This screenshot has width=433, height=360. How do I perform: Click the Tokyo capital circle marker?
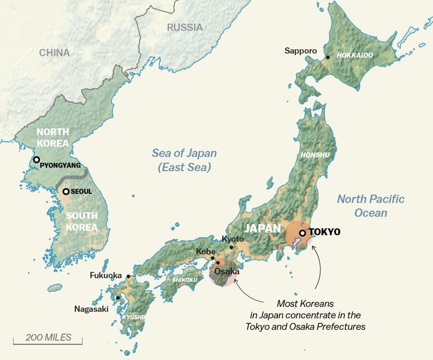pos(302,233)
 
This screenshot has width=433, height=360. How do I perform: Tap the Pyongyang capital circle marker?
pos(36,160)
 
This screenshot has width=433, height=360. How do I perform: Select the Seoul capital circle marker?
pos(65,191)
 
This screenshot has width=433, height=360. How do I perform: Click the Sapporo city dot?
pos(327,56)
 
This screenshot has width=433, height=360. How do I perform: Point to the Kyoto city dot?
pos(231,247)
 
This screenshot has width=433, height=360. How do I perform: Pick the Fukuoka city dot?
pos(128,276)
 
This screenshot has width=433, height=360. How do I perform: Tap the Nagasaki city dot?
pos(118,297)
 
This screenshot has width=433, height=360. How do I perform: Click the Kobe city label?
pos(206,252)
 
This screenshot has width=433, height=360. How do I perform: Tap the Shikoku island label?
pos(184,279)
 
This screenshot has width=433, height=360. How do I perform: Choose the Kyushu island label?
pos(133,317)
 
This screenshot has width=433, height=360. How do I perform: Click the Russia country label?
pos(185,27)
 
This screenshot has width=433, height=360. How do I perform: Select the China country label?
pos(54,53)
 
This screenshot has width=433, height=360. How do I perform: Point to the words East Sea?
pos(184,167)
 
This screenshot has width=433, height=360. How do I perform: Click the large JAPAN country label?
pos(263,228)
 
